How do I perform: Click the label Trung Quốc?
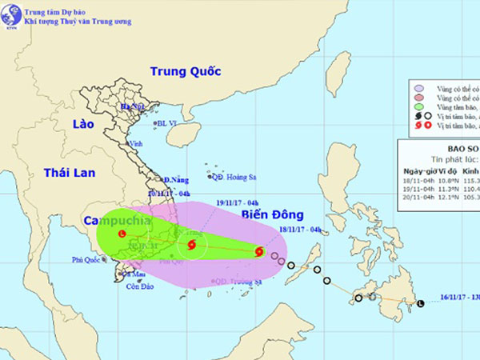[185, 71]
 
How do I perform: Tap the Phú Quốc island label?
[89, 260]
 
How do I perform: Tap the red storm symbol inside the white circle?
[191, 245]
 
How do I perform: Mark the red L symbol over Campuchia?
[121, 234]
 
